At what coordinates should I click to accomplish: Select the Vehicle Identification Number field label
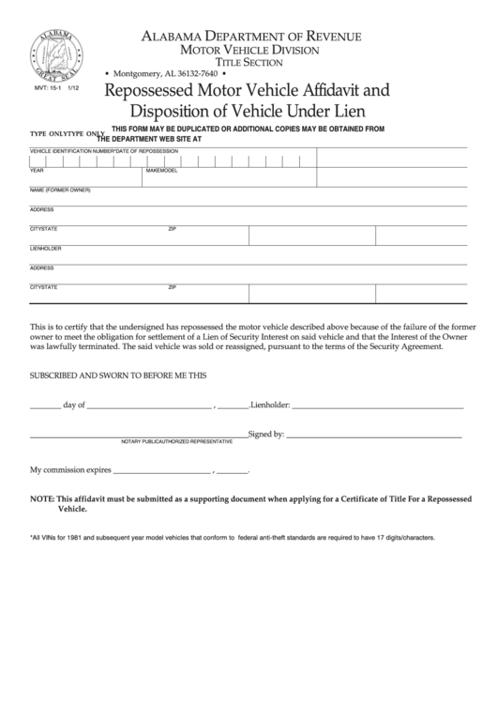pyautogui.click(x=70, y=151)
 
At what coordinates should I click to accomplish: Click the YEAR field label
pyautogui.click(x=37, y=172)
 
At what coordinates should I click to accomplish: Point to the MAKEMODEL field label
pyautogui.click(x=161, y=172)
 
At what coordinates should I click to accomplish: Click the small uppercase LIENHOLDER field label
pyautogui.click(x=46, y=249)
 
